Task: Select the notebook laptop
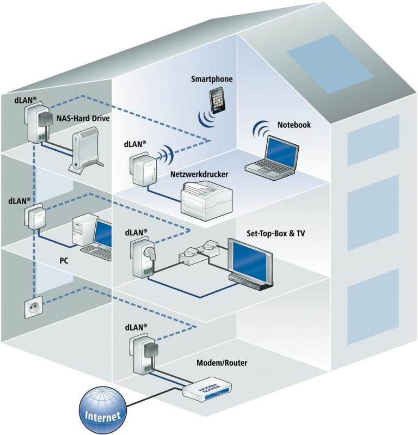tap(273, 157)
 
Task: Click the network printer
tap(206, 201)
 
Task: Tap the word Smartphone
tap(212, 79)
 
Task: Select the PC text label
tap(64, 261)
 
